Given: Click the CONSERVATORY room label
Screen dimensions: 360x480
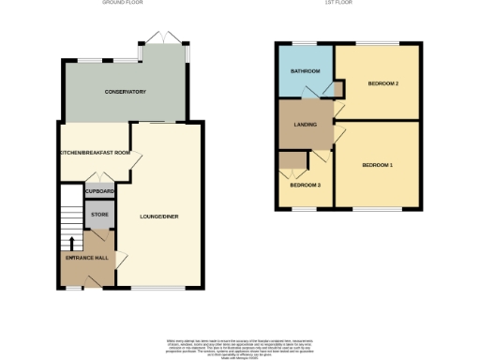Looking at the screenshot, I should pos(125,92).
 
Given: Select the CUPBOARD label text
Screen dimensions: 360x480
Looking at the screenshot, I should pos(99,191).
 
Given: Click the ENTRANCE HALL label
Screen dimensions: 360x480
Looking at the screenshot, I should pos(85,256).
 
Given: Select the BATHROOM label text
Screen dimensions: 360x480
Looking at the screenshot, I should pos(305,72).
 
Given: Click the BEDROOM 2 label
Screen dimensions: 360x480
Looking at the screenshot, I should pos(383,84).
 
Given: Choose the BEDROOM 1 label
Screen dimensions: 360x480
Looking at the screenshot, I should pos(378,165).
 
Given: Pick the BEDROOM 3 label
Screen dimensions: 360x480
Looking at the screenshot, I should pos(305,185).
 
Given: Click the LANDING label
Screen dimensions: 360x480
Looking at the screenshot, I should pos(305,124).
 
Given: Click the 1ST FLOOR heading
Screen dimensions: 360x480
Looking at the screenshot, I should pos(347,3).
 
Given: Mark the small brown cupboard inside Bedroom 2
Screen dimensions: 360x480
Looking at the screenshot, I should pos(339,86).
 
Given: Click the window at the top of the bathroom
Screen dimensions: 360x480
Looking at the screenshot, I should pos(304,44).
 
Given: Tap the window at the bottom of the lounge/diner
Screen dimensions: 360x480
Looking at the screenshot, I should pos(154,287).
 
